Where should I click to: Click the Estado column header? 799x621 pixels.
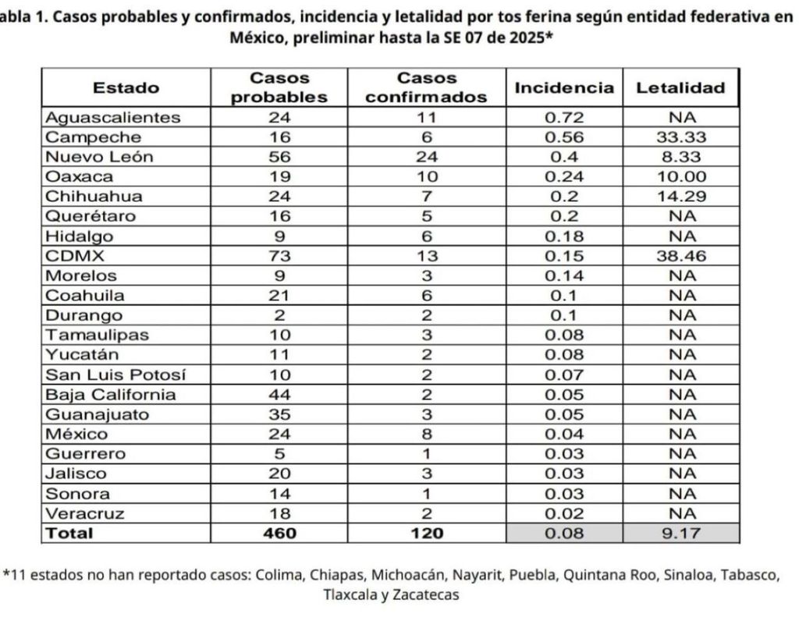pos(126,87)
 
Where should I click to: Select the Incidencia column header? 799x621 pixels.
pos(563,87)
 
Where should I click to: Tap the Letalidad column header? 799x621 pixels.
pos(680,87)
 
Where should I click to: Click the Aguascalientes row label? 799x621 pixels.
pos(112,118)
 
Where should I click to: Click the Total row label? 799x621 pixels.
pos(69,534)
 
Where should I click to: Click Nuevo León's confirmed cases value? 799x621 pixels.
pos(427,157)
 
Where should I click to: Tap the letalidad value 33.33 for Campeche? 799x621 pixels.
pos(680,137)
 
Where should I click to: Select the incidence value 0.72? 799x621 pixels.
pos(563,118)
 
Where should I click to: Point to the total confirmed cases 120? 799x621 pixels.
pos(427,534)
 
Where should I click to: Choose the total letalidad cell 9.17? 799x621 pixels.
pos(680,534)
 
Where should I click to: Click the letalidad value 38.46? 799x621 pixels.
pos(680,256)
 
